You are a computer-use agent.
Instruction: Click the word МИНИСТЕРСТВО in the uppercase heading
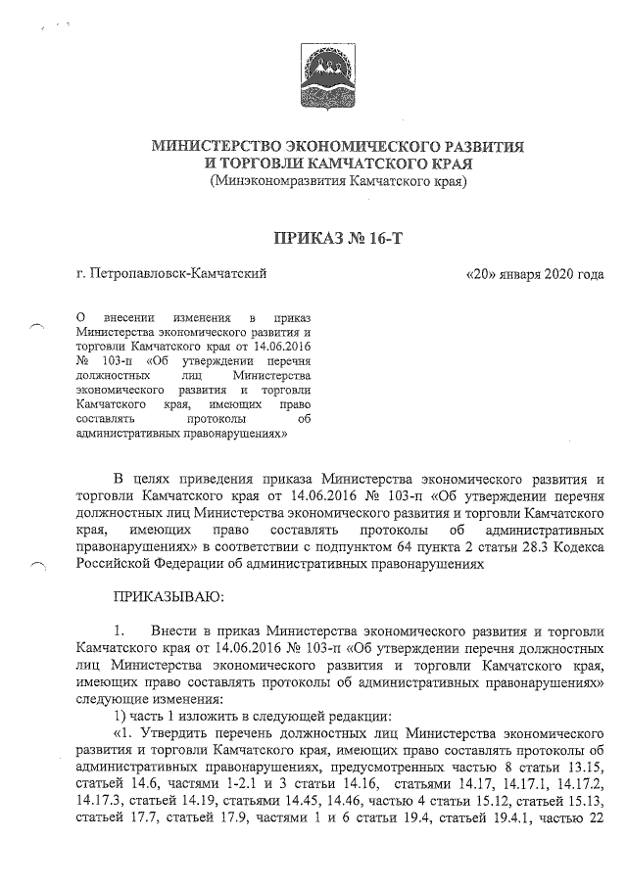click(228, 146)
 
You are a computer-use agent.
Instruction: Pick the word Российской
click(116, 563)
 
